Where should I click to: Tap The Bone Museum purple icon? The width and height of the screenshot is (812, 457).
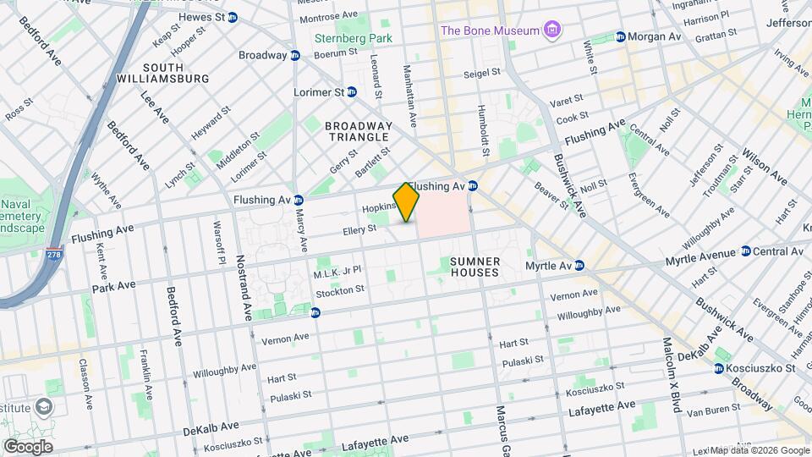tap(552, 31)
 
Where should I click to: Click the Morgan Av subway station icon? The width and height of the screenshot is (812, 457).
tap(620, 37)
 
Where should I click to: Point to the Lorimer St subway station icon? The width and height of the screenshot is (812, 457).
tap(352, 91)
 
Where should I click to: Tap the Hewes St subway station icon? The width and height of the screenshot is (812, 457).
tap(232, 17)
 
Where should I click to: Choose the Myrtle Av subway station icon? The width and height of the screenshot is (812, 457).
tap(579, 266)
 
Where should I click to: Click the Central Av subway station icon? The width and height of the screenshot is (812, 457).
tap(745, 251)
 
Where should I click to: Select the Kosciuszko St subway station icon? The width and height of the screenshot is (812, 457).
tap(718, 368)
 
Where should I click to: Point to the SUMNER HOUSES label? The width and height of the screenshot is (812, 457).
tap(475, 267)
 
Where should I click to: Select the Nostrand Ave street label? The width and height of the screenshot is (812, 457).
tap(244, 288)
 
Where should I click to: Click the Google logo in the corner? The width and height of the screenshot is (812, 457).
tap(27, 447)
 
